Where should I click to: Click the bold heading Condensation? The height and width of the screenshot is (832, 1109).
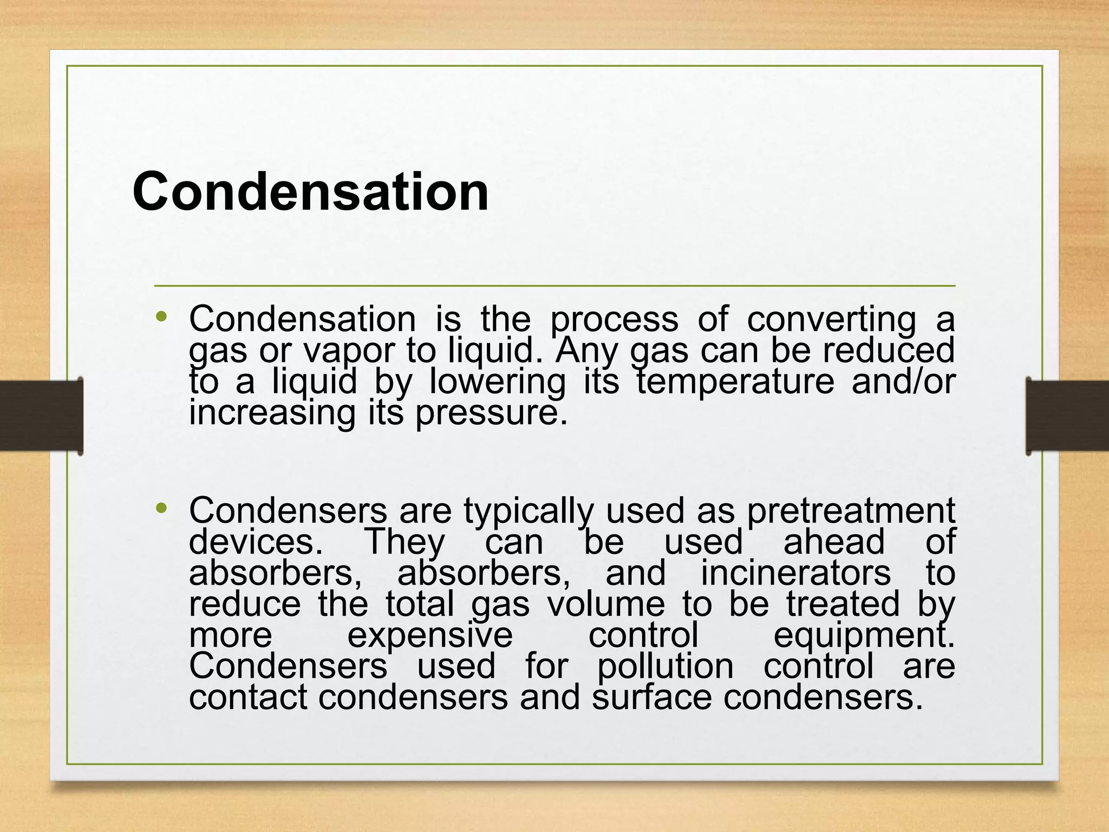click(310, 191)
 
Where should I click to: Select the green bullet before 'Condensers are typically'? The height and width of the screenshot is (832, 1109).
click(161, 508)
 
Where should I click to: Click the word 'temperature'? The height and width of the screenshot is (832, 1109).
click(735, 382)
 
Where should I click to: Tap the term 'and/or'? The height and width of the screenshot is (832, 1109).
click(903, 381)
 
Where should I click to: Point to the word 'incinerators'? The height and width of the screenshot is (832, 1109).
click(795, 573)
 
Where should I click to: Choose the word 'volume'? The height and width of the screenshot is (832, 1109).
click(606, 604)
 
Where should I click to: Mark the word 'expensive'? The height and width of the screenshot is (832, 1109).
click(430, 636)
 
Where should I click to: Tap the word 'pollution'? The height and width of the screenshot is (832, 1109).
click(665, 666)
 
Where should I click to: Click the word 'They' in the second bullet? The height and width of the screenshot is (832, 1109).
click(405, 542)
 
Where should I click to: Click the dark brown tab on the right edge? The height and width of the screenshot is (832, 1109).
click(1067, 415)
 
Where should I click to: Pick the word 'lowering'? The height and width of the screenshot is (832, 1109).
click(498, 382)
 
